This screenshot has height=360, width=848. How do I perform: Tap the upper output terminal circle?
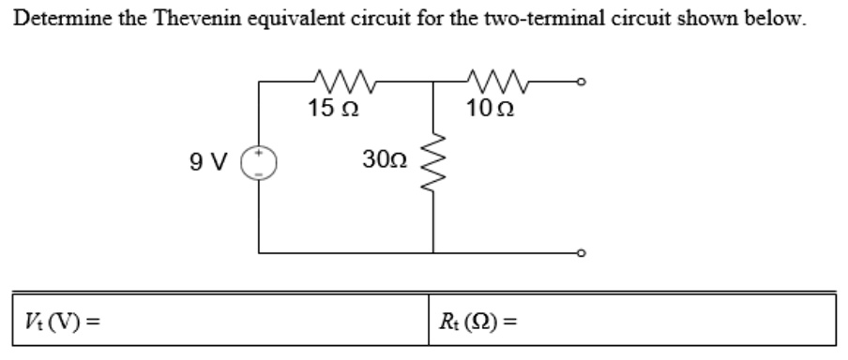583,83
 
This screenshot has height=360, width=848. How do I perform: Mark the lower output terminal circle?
583,252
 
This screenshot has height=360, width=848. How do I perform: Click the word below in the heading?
783,18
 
